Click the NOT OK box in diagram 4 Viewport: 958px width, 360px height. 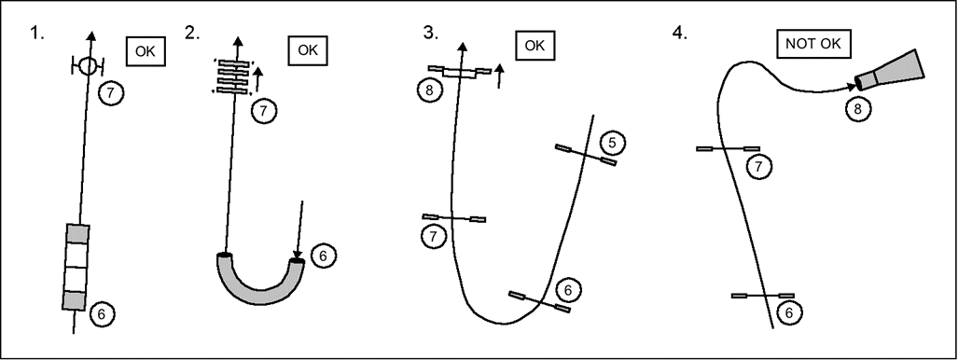pos(813,44)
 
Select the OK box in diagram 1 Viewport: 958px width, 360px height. pos(146,51)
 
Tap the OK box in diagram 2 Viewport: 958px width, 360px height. pos(307,50)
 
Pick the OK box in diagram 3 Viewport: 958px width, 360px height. pos(535,45)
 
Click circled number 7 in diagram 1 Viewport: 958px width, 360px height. pos(112,93)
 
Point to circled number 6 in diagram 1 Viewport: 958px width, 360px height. pos(102,314)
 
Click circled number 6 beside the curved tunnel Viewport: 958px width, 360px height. pos(324,256)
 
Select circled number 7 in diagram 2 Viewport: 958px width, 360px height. pos(264,111)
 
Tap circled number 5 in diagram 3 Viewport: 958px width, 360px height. pos(613,143)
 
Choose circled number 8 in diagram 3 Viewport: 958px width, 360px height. pos(431,90)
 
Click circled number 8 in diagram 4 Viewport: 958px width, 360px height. pos(858,109)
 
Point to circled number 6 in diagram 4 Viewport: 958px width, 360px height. pos(789,312)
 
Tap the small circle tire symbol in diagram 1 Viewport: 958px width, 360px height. pos(88,66)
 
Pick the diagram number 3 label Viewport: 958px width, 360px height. pos(431,33)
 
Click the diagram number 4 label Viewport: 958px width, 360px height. pos(679,33)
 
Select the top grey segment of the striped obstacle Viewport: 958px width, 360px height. pos(77,233)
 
